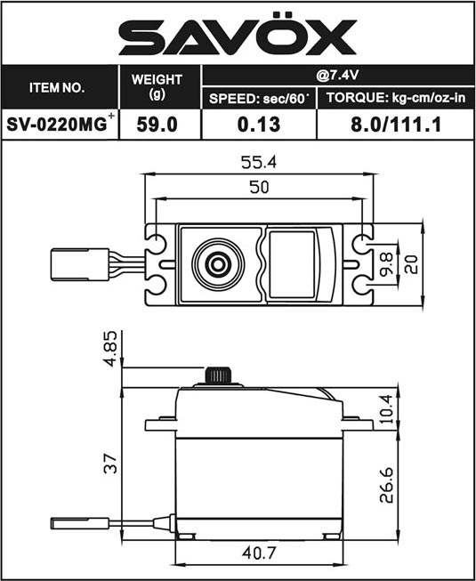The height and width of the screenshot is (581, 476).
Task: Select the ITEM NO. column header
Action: [x=57, y=88]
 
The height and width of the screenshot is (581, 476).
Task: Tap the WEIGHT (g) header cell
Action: [x=157, y=86]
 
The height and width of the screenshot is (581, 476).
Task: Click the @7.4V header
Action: [x=337, y=76]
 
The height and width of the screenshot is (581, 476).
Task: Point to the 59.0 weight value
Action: [x=157, y=125]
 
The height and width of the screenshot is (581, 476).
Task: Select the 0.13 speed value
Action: [x=259, y=125]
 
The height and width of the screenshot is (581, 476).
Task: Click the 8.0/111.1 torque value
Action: [x=396, y=125]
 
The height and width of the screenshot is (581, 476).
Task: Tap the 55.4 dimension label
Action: [x=259, y=162]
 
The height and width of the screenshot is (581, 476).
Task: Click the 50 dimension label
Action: [x=259, y=187]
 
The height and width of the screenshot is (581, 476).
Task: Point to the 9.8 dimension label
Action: [x=387, y=264]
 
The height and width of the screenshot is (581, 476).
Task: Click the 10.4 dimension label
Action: [x=387, y=409]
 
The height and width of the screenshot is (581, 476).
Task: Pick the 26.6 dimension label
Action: [x=387, y=485]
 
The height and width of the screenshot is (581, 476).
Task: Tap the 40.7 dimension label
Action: [x=259, y=553]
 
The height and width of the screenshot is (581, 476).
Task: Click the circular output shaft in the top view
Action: [x=218, y=264]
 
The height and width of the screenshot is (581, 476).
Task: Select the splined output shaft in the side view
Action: [x=218, y=375]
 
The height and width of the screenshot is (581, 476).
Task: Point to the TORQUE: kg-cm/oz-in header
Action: [x=396, y=98]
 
